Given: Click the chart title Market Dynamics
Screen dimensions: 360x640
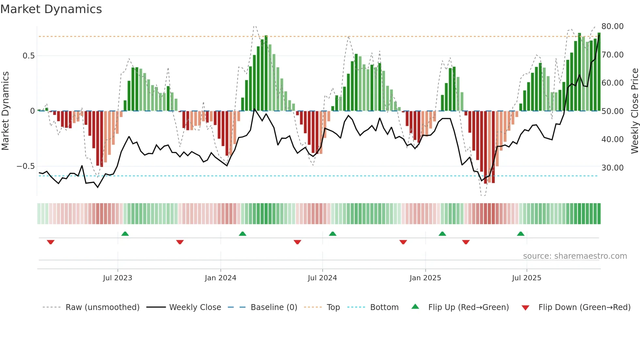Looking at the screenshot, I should [51, 9].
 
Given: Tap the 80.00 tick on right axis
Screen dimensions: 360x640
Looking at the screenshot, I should [612, 26].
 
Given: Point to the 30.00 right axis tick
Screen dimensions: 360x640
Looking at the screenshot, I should [612, 168].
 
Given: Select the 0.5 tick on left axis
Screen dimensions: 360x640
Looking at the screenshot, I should [29, 56].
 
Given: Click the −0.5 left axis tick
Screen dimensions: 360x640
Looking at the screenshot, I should [26, 166].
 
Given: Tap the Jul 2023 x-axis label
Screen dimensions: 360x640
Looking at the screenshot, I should [118, 278].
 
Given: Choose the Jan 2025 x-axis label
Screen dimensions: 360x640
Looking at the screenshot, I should [425, 278].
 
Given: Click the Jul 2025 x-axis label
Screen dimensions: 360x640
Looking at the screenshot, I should [526, 278].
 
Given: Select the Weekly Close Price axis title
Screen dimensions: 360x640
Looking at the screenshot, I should [634, 111].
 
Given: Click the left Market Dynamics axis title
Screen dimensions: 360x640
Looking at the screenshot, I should [5, 111].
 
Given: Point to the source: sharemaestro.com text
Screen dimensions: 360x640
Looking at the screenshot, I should [575, 256].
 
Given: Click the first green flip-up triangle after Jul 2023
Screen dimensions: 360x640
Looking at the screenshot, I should [125, 234].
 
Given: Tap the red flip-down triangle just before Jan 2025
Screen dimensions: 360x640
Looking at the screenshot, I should [403, 242].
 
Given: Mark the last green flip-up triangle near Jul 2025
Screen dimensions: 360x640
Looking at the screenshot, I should [520, 234].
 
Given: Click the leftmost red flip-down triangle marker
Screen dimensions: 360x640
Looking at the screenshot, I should [51, 242].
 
